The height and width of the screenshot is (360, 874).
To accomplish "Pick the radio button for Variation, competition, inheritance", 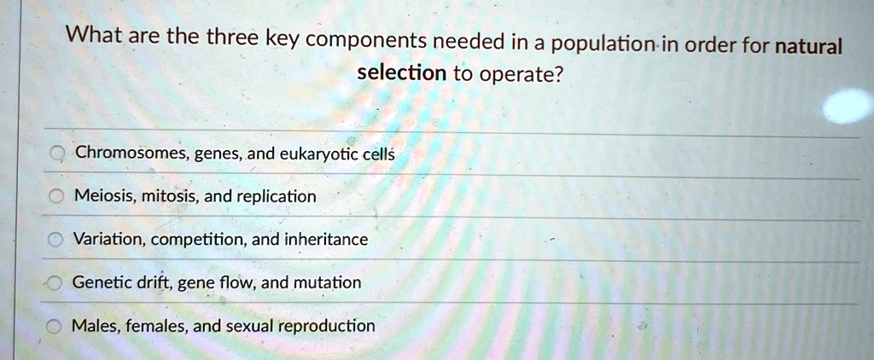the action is pos(55,241).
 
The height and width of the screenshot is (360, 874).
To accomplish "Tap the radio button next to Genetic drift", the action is pos(55,284).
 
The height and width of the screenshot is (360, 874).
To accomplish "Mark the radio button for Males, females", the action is pos(54,327).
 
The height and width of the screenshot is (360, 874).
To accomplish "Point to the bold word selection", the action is pos(401,72).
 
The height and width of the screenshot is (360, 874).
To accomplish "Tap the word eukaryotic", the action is pos(314,154).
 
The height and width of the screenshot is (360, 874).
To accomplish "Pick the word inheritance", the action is pos(326,240).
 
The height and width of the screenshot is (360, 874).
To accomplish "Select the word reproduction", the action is pos(327,326).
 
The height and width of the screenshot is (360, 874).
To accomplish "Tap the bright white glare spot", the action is pos(848,106).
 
